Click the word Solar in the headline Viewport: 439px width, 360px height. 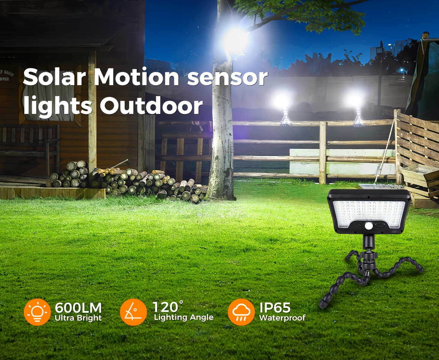click(54, 77)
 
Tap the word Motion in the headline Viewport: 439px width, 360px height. click(137, 77)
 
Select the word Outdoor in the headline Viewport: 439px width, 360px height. click(151, 106)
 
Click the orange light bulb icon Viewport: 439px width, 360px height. click(37, 312)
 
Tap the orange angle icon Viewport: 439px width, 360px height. click(133, 312)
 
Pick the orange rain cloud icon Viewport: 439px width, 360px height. click(241, 312)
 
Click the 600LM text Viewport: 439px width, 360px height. click(78, 308)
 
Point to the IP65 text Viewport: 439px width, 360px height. click(275, 307)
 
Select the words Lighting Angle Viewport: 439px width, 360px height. click(184, 317)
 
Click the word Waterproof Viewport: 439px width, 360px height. click(282, 318)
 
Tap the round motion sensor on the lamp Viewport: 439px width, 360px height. click(369, 226)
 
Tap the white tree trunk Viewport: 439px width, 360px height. click(222, 135)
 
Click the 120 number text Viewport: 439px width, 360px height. click(166, 307)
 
